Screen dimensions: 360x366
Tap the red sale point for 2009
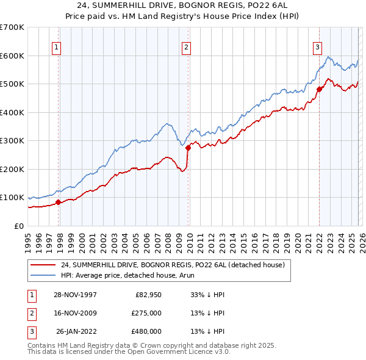188,148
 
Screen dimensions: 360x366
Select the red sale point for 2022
320,89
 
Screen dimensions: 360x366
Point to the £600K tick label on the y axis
12,56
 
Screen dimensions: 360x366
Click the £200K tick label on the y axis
12,169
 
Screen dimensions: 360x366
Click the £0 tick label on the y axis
18,226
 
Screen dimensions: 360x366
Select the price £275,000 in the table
146,313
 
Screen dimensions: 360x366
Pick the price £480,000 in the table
146,331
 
